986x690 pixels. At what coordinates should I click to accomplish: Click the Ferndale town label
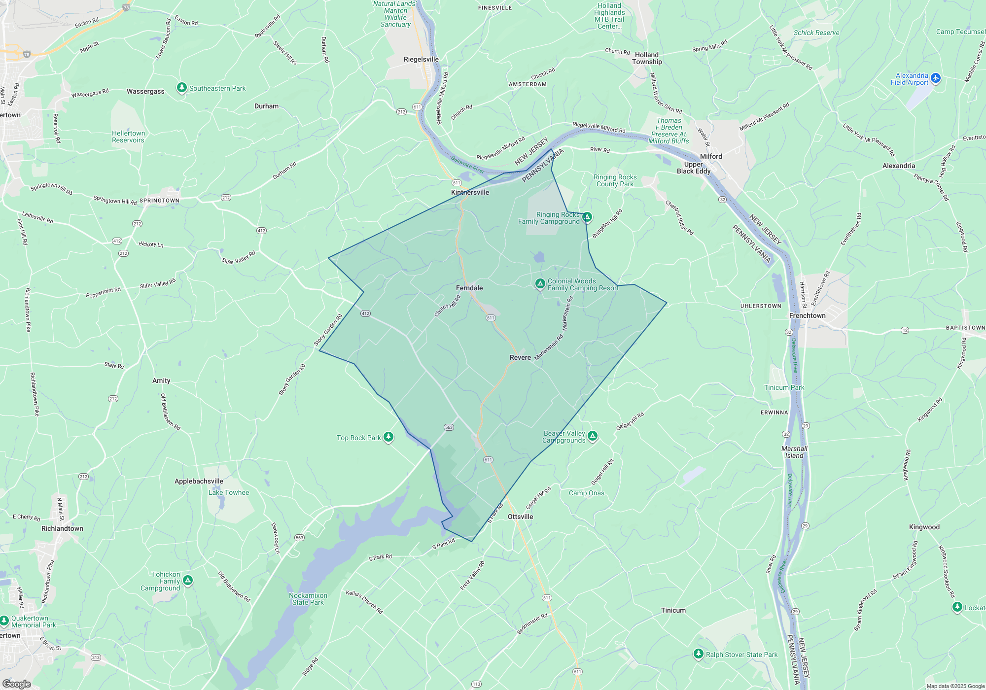(469, 288)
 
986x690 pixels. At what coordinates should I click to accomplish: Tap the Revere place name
(520, 357)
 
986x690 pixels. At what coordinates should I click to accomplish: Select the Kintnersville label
(470, 192)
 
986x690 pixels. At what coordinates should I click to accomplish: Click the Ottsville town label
(520, 517)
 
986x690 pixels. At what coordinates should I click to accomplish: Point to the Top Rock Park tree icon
(388, 437)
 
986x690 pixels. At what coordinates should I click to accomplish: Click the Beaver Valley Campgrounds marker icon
(593, 436)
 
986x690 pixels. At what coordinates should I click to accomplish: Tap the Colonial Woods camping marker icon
(540, 283)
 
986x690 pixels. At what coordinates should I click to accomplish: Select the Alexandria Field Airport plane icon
(936, 78)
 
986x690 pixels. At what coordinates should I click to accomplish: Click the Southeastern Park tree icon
(182, 88)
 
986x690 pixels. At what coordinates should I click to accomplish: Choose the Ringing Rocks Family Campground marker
(587, 217)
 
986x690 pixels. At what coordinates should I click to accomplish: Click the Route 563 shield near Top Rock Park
(449, 427)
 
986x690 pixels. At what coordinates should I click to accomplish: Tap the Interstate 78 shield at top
(126, 7)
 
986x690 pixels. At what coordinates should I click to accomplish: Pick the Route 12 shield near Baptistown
(905, 330)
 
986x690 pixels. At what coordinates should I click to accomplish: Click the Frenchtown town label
(807, 315)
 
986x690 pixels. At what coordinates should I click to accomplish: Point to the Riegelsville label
(421, 59)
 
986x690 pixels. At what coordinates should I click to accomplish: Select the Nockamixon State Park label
(308, 599)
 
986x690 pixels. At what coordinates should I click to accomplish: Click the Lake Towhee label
(229, 492)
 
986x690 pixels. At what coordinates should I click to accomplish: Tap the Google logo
(17, 684)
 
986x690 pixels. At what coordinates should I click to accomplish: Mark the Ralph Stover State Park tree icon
(698, 654)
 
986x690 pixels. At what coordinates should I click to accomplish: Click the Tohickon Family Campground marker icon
(188, 581)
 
